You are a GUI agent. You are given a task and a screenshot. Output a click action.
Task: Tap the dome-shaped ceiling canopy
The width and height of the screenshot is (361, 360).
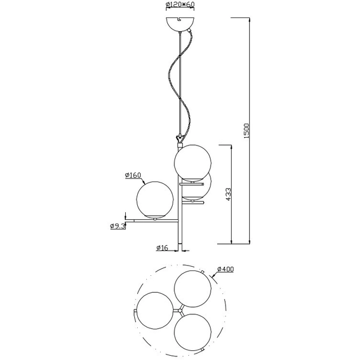179,24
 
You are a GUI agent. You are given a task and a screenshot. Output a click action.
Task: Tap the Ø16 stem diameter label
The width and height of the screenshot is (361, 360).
161,248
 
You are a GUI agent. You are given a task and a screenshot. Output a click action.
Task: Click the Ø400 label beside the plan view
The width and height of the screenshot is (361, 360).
225,269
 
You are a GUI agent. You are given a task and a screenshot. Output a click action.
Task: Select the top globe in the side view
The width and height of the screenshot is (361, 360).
193,162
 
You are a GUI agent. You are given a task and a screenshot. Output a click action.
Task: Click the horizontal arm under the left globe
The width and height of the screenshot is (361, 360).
153,221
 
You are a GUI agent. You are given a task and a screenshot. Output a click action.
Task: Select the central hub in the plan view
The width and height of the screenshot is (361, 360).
178,310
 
